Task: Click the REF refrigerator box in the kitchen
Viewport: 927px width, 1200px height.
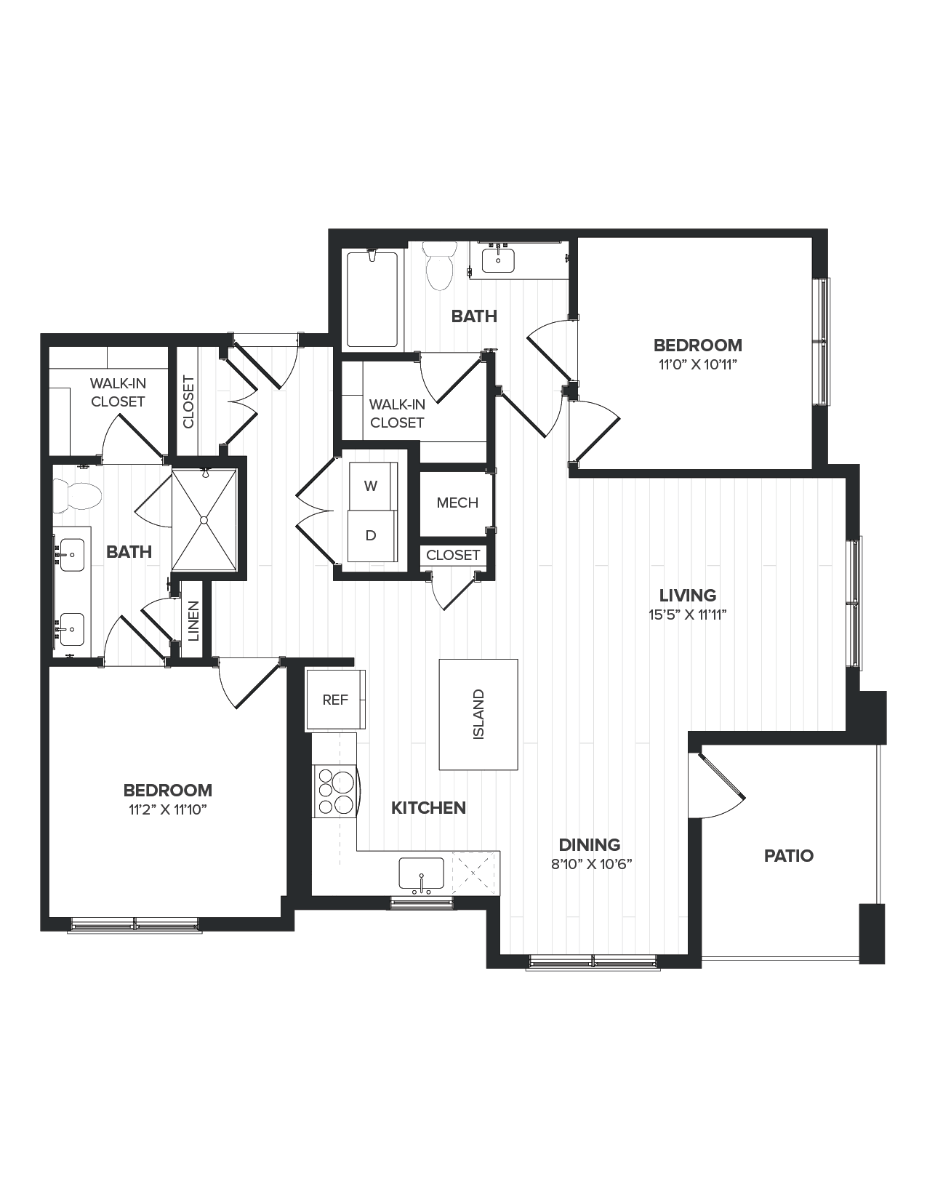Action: [335, 700]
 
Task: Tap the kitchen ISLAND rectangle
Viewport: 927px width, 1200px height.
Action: [478, 714]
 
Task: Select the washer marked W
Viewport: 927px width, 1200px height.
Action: [371, 486]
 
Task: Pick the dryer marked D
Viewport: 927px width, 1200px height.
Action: [371, 535]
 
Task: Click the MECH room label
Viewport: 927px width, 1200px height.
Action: [457, 503]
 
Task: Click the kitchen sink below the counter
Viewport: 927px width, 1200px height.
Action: [421, 873]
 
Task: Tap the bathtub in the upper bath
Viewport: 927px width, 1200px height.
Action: [372, 299]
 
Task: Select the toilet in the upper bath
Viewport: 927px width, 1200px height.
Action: [439, 265]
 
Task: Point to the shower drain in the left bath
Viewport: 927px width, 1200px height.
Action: [204, 520]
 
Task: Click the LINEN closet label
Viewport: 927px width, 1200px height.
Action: [193, 621]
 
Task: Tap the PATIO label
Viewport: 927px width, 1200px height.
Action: [788, 856]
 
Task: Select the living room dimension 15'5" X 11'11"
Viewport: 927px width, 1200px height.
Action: [688, 615]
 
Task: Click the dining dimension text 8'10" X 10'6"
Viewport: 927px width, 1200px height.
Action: [591, 865]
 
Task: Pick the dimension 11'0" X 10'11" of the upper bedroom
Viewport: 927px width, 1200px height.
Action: [697, 365]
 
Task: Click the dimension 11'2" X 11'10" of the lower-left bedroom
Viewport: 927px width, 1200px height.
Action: [168, 810]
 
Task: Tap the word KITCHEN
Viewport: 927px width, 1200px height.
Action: [428, 807]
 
